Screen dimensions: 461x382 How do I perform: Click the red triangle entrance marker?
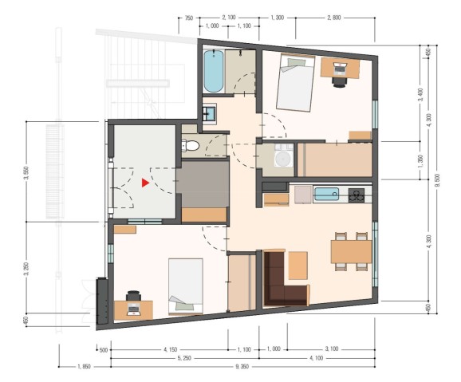(x=145, y=183)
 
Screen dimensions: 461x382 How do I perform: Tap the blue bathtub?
(x=214, y=71)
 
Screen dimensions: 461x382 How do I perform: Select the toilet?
(x=191, y=145)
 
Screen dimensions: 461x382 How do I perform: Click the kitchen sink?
(x=326, y=194)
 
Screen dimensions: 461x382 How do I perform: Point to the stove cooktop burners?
(x=357, y=195)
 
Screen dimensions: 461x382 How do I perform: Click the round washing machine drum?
(x=283, y=159)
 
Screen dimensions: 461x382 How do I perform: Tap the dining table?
(x=352, y=251)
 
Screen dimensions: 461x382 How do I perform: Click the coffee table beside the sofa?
(x=297, y=266)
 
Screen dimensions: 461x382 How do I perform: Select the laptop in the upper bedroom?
(x=340, y=69)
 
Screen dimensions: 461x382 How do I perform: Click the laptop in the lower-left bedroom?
(x=134, y=309)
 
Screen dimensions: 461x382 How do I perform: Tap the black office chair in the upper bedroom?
(x=340, y=82)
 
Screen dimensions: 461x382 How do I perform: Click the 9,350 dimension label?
(x=242, y=366)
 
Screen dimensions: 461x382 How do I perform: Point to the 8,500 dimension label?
(x=436, y=179)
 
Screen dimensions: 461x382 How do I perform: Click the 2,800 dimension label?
(x=334, y=18)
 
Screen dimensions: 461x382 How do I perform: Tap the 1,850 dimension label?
(x=84, y=366)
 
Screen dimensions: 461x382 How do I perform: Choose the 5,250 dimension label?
(x=184, y=358)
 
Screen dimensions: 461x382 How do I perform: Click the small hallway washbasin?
(x=211, y=113)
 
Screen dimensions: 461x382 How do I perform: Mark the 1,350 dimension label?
(x=420, y=160)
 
